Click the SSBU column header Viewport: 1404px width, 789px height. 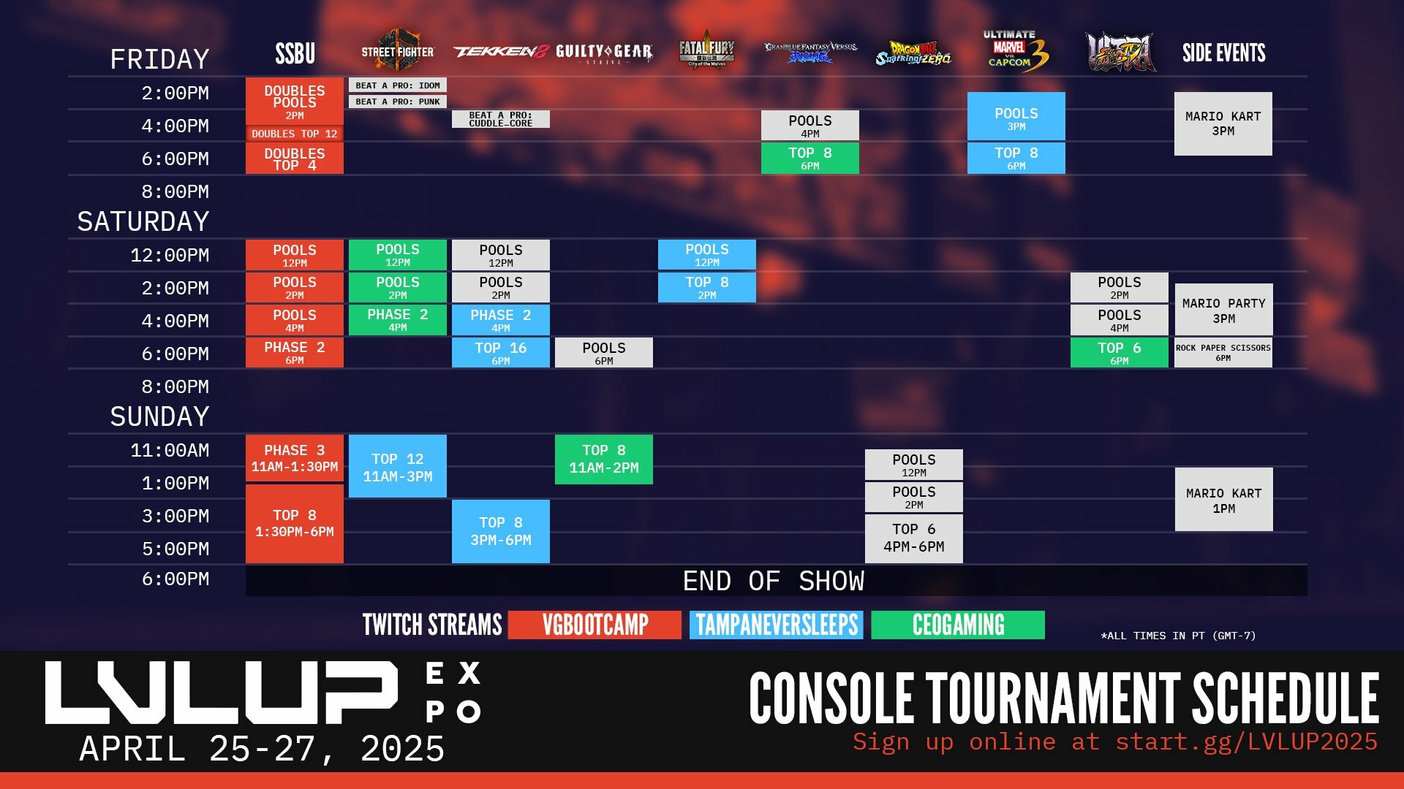coord(295,53)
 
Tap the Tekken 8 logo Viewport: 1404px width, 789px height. coord(500,52)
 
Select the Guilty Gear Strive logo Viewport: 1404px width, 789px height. coord(603,53)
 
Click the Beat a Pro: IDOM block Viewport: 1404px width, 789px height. coord(397,85)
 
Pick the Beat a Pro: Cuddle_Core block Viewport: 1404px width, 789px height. coord(500,119)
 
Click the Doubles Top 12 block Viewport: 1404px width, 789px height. coord(294,134)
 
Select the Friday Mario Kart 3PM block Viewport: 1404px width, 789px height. coord(1223,123)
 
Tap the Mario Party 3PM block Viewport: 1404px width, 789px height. coord(1223,310)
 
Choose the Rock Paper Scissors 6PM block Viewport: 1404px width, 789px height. coord(1223,352)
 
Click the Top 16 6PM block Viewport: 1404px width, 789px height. coord(500,352)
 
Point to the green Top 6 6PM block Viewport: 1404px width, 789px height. coord(1119,352)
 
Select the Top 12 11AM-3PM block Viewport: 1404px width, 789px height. coord(397,467)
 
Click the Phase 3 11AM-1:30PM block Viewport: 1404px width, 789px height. coord(294,458)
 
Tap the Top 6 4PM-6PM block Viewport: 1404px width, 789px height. coord(913,538)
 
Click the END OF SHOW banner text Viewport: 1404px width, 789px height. coord(773,582)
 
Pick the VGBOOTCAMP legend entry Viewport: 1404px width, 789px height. coord(595,625)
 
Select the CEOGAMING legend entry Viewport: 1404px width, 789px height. coord(958,625)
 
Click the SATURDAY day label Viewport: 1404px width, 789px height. coord(143,221)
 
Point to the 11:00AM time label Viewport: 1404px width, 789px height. coord(170,450)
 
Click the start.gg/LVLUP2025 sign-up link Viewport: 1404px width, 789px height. coord(1246,742)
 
